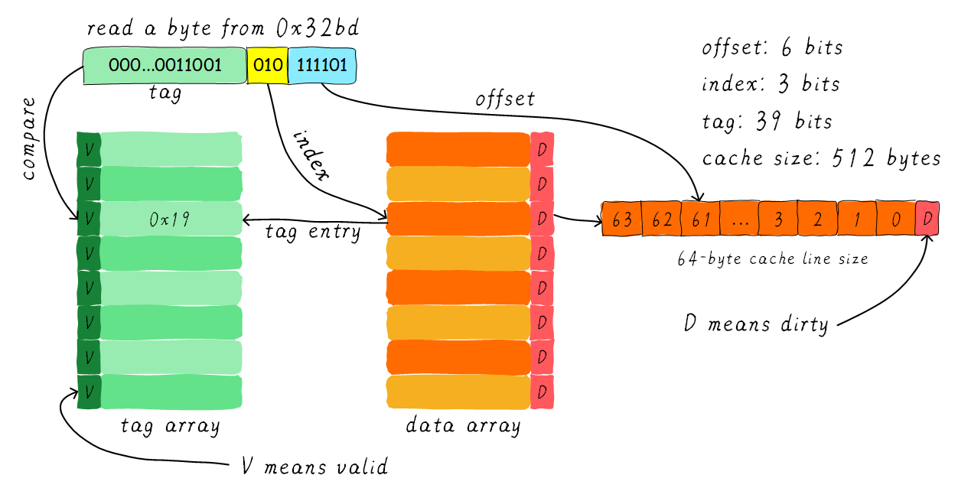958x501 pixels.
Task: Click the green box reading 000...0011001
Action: click(x=165, y=66)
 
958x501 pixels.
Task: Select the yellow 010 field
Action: click(x=268, y=66)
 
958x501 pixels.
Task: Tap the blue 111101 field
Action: click(x=322, y=66)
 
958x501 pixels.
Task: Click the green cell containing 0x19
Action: click(x=171, y=220)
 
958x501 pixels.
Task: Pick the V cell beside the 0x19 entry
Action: click(x=89, y=220)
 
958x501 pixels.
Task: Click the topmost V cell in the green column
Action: click(x=89, y=150)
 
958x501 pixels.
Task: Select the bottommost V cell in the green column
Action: click(x=89, y=392)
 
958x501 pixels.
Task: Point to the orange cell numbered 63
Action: click(x=622, y=220)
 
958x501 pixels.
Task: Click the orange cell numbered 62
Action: click(x=661, y=220)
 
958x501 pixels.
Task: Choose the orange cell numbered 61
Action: click(x=700, y=220)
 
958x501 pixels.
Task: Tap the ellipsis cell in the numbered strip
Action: click(x=739, y=220)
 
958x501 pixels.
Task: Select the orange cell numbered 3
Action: click(x=778, y=220)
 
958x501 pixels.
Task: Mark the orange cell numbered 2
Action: click(x=817, y=220)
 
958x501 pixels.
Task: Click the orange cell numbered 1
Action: click(x=856, y=220)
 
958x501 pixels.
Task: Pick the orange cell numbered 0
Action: click(x=895, y=220)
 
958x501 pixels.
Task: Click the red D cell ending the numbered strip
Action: click(x=927, y=220)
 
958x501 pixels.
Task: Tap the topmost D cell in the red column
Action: click(x=543, y=150)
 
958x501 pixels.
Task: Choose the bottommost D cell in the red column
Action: click(x=543, y=392)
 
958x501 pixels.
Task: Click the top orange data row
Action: click(x=458, y=150)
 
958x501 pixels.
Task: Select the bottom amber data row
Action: click(x=458, y=392)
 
